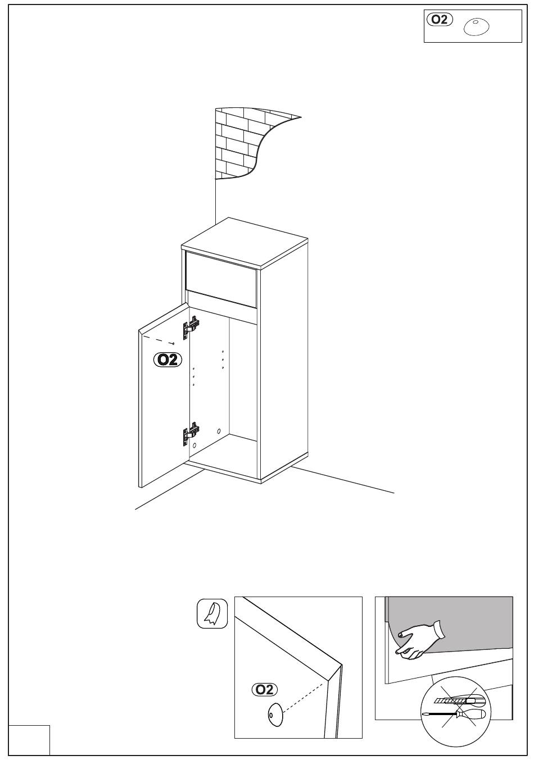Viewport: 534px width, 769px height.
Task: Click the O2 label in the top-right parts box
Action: pyautogui.click(x=440, y=19)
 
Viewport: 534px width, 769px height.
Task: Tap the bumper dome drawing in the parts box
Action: pyautogui.click(x=476, y=27)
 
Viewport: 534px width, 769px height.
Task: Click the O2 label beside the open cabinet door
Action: pyautogui.click(x=168, y=360)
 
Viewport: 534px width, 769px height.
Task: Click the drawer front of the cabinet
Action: pyautogui.click(x=221, y=279)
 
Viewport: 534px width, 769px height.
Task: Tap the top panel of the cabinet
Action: pyautogui.click(x=245, y=242)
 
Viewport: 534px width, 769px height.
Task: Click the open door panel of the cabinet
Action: pyautogui.click(x=164, y=395)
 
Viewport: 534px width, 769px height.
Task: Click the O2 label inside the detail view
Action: pyautogui.click(x=265, y=689)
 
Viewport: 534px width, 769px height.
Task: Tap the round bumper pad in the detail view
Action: pyautogui.click(x=275, y=715)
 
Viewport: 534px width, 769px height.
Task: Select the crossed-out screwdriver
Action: pyautogui.click(x=454, y=714)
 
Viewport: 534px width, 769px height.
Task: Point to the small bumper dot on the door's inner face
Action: pyautogui.click(x=174, y=343)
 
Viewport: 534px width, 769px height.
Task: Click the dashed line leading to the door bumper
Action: pyautogui.click(x=159, y=340)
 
